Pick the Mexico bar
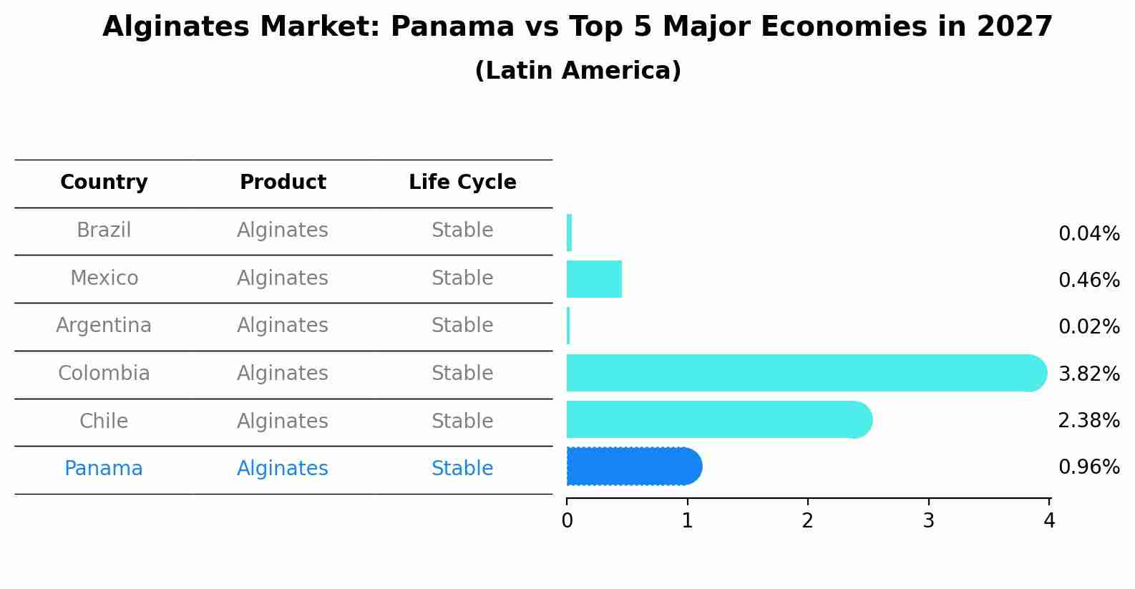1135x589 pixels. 594,279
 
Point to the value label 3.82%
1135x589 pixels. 1088,374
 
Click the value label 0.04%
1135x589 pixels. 1088,234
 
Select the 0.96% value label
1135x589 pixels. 1088,467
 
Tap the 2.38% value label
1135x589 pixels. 1088,421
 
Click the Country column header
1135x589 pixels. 104,182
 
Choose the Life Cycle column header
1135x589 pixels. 462,182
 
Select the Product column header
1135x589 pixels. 283,182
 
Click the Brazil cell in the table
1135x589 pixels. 104,230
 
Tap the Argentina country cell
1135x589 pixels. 104,326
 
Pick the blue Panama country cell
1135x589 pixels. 104,469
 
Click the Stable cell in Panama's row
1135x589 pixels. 462,469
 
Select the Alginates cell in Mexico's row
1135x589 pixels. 283,278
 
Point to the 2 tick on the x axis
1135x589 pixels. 808,521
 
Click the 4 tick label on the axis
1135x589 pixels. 1049,521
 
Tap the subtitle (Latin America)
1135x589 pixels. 578,71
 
